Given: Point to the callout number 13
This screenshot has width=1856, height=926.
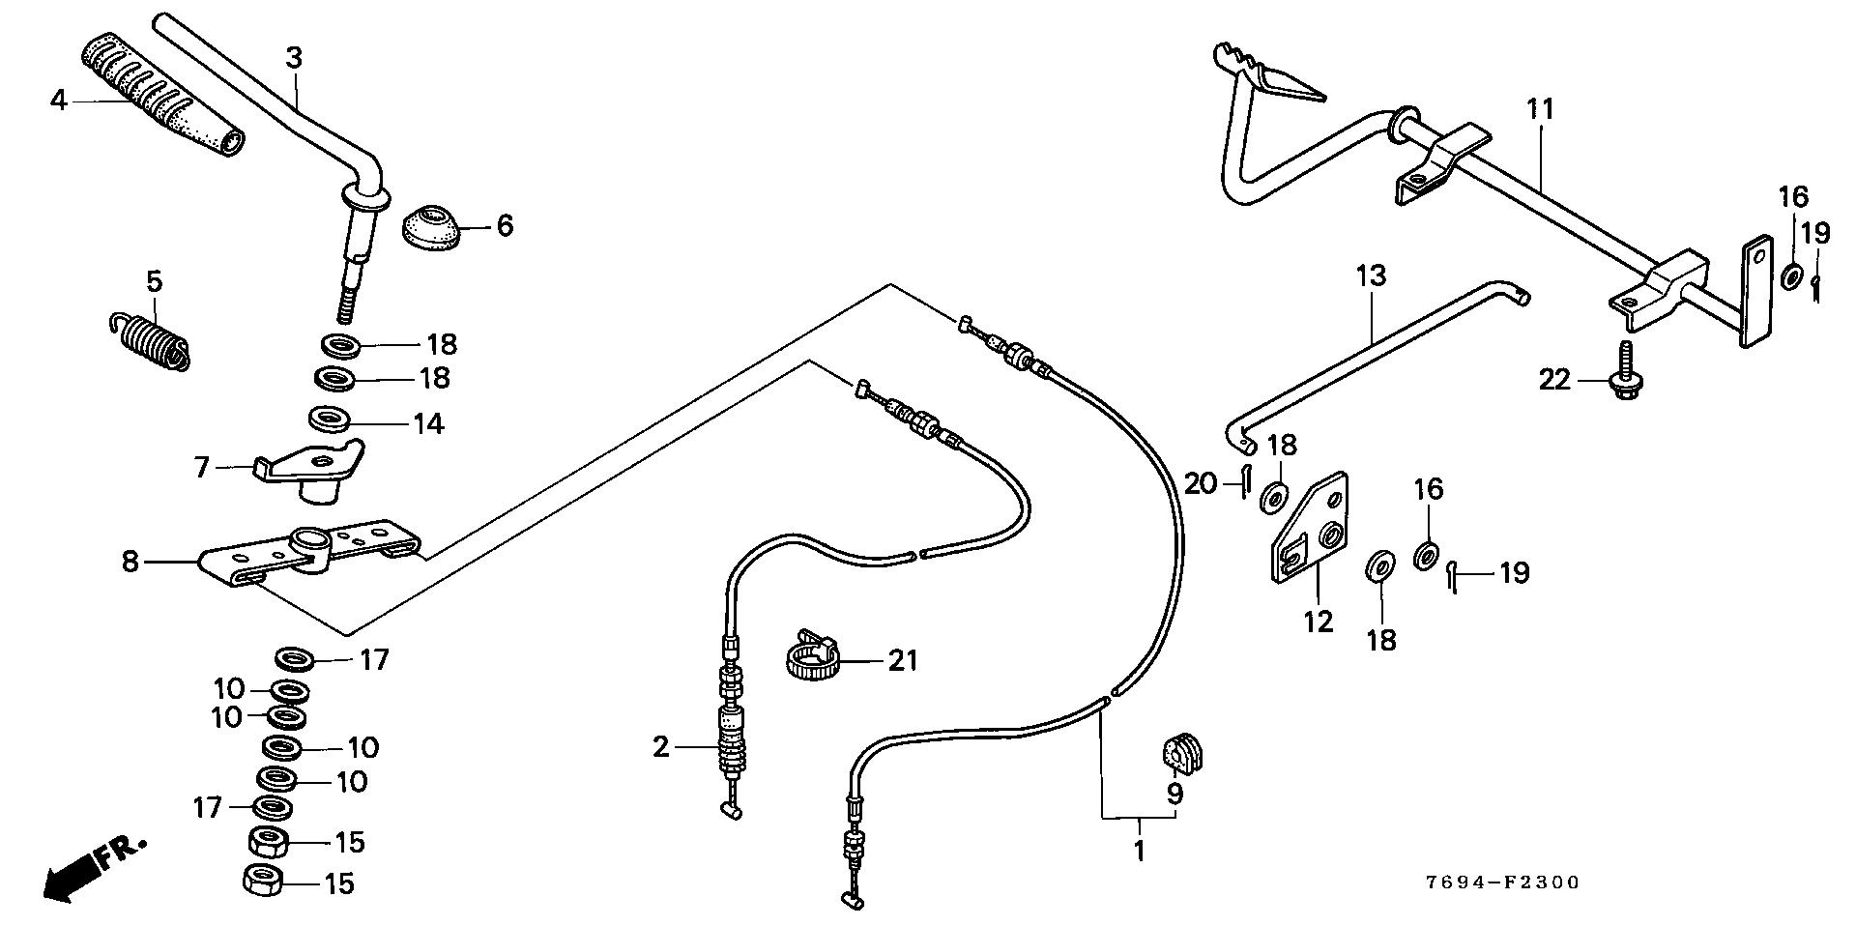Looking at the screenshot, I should tap(1371, 275).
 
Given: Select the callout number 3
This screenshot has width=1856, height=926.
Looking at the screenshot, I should tap(294, 58).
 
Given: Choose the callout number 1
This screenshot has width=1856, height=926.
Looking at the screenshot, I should tap(1139, 852).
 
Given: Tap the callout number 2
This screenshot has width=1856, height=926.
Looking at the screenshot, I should tap(660, 747).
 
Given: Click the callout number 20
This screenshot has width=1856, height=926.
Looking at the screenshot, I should tap(1201, 481).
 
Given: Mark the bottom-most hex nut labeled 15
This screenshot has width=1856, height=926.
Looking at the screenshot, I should tap(264, 881).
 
